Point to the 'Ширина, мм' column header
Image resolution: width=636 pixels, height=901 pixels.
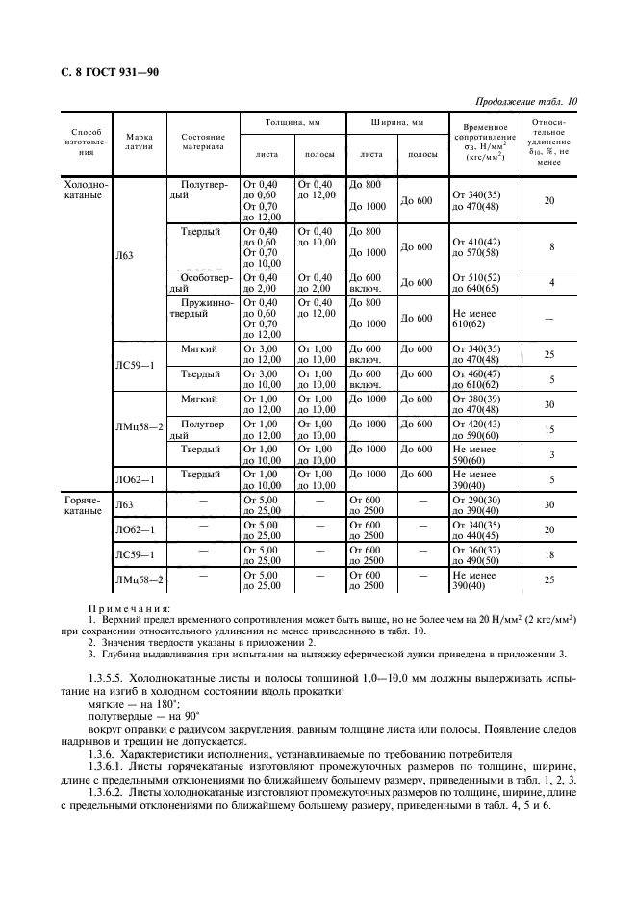pos(396,124)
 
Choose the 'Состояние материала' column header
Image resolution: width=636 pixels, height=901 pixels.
pos(203,142)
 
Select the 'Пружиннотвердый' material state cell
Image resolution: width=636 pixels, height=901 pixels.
pos(202,309)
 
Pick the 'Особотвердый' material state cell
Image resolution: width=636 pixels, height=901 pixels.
pos(202,281)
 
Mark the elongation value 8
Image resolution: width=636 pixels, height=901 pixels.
pos(551,247)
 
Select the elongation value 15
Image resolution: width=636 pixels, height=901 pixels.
pos(551,429)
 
